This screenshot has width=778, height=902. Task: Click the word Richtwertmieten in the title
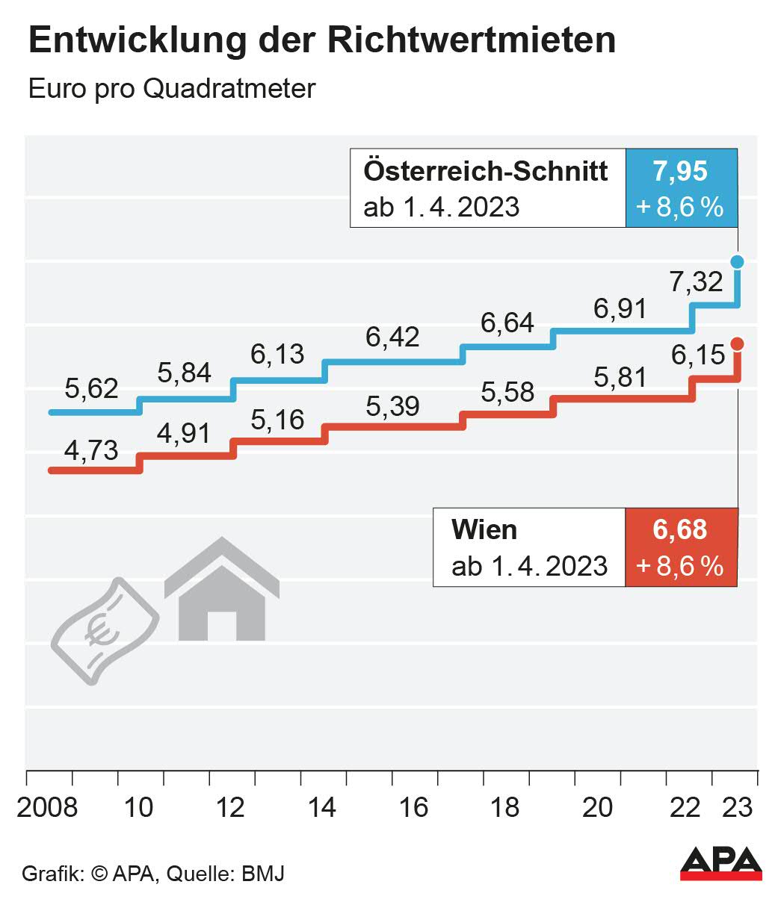(472, 40)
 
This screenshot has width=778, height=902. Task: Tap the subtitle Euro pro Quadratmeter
(172, 89)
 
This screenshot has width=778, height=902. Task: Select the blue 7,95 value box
(681, 188)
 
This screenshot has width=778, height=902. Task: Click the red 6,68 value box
(680, 547)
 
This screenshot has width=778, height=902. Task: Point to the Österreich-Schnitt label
(486, 171)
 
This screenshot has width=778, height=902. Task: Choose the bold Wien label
(484, 529)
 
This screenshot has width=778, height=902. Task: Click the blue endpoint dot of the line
(737, 261)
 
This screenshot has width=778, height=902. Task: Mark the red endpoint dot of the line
(737, 343)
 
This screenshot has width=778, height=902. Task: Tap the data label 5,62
(91, 389)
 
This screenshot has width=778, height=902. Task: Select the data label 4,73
(91, 451)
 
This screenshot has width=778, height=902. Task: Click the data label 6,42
(392, 338)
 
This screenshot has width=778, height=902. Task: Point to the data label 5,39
(392, 407)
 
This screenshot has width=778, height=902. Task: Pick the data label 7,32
(697, 282)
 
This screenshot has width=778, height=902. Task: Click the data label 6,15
(698, 355)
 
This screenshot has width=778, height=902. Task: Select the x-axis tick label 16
(414, 807)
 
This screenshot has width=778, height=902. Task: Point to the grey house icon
(221, 590)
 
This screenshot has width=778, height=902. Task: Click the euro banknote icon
(104, 629)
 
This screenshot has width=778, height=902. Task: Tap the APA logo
(720, 864)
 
